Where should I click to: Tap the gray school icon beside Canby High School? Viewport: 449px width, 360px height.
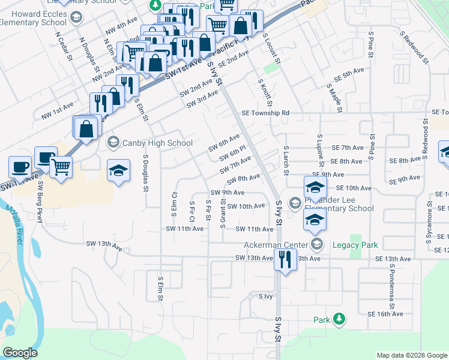tap(112, 143)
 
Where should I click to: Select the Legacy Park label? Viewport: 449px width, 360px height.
tap(361, 245)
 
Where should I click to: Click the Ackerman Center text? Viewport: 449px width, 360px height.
tap(276, 245)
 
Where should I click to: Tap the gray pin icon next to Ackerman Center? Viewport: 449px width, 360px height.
tap(317, 244)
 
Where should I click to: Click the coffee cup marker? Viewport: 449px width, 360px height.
tap(20, 166)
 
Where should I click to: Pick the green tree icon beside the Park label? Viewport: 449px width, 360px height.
tap(339, 319)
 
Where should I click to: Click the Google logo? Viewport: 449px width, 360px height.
tap(20, 353)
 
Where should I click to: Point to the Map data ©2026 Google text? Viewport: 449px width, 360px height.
tap(412, 355)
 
